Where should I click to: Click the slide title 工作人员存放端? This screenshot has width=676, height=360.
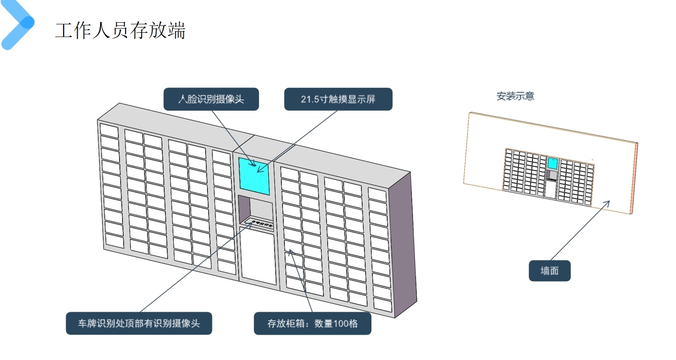coord(120,31)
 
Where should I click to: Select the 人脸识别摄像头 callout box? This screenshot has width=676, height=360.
coord(211,99)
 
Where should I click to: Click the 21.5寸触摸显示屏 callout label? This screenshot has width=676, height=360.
coord(338,99)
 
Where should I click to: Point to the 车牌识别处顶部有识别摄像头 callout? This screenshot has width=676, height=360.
coord(139,323)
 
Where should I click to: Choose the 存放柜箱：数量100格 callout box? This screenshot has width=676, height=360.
coord(313,323)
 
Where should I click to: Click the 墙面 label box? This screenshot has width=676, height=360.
coord(549,271)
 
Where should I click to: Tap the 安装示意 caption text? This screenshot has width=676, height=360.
coord(515,96)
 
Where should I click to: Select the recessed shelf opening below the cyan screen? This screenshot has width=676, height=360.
coord(255,211)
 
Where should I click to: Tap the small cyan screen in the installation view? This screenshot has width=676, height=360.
coord(552,164)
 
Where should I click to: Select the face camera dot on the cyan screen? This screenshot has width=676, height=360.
coord(254,165)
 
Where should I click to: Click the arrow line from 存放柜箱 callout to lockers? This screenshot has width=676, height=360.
coord(299,281)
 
